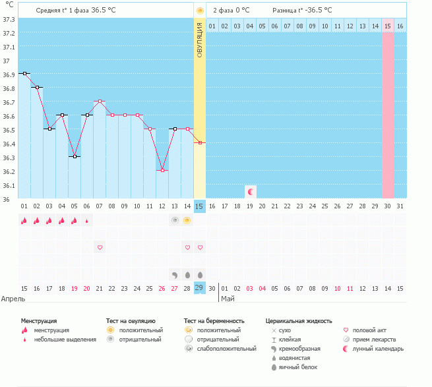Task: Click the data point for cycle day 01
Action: click(x=24, y=74)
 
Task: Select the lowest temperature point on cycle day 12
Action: click(x=162, y=170)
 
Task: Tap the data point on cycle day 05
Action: click(x=75, y=156)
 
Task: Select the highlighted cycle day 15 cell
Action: click(x=200, y=206)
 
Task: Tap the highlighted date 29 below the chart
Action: click(x=200, y=288)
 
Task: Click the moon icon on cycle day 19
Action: click(x=250, y=192)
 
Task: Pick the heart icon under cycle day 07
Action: click(x=100, y=247)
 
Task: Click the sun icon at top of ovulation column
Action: click(x=200, y=11)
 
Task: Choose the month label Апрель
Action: click(x=14, y=299)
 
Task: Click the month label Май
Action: click(x=227, y=299)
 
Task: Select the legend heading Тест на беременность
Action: click(x=214, y=320)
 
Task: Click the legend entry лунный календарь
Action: click(x=378, y=349)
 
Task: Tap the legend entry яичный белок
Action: click(x=296, y=367)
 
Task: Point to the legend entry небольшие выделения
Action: click(x=66, y=340)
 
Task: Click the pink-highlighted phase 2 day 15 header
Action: click(x=388, y=26)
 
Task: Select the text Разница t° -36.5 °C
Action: click(x=302, y=11)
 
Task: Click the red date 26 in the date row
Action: click(x=162, y=288)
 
